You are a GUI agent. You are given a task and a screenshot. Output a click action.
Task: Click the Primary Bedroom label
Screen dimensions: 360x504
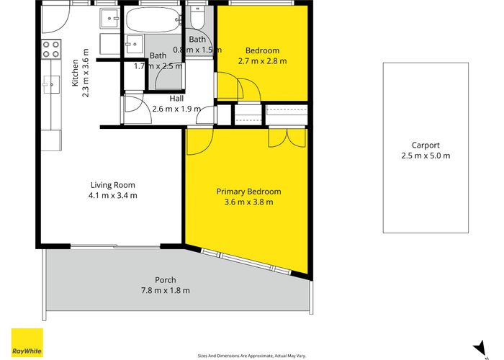click(248, 192)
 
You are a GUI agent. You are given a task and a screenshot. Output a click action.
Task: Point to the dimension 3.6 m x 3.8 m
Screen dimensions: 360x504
click(248, 202)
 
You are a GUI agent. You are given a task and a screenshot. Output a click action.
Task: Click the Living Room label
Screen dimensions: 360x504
click(112, 185)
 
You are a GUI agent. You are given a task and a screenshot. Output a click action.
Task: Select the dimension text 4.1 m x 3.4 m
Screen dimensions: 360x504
click(112, 195)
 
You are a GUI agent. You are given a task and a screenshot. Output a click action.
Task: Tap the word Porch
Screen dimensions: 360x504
click(166, 280)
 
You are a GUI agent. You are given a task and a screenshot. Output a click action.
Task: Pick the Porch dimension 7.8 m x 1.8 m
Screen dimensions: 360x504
click(166, 290)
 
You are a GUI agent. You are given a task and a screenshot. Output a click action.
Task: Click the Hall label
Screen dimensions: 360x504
click(177, 99)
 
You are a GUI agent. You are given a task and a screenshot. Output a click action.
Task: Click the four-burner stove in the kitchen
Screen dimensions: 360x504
click(50, 49)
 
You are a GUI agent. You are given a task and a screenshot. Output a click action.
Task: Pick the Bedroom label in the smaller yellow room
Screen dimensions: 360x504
click(262, 50)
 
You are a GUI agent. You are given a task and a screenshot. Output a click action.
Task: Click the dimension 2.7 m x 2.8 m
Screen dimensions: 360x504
click(262, 61)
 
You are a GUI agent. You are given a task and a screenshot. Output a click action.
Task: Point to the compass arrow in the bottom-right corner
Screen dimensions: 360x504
click(476, 347)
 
